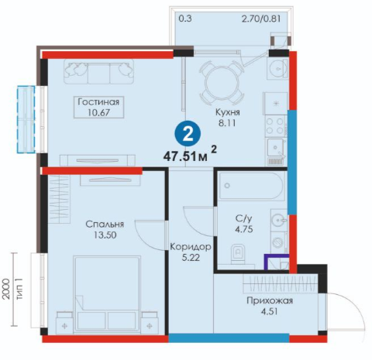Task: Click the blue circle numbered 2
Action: (x=188, y=135)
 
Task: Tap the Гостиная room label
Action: (x=98, y=102)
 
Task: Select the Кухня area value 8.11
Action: (x=227, y=123)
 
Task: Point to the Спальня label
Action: (x=105, y=224)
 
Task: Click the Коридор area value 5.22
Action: (x=191, y=258)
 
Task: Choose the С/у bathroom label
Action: (x=243, y=219)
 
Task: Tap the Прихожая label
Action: (x=270, y=301)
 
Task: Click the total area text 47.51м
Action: (x=185, y=156)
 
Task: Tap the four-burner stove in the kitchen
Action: (x=275, y=125)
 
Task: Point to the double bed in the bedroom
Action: (x=107, y=293)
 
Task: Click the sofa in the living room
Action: (x=99, y=71)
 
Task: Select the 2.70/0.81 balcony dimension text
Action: (x=261, y=19)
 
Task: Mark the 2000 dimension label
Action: (x=6, y=289)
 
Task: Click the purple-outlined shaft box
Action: (x=277, y=262)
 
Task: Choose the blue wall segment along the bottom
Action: (x=229, y=338)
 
